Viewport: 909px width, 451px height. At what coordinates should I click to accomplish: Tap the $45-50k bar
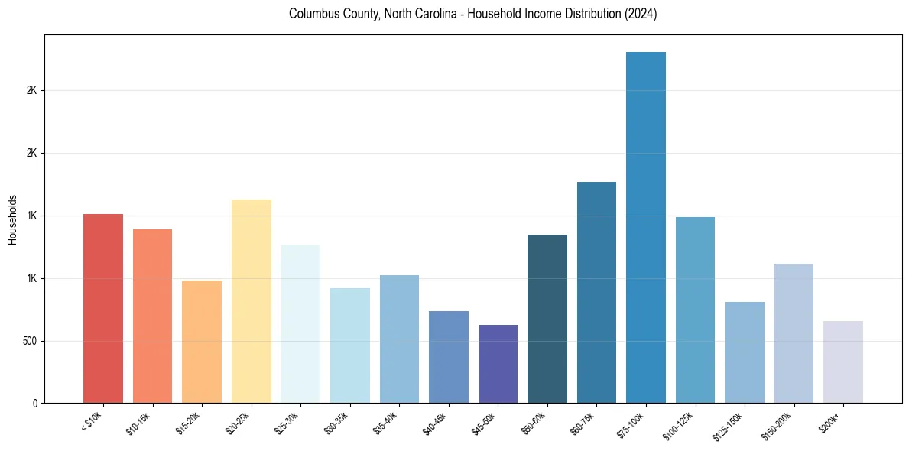tap(498, 364)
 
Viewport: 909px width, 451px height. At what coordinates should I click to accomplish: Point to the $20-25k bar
tap(252, 301)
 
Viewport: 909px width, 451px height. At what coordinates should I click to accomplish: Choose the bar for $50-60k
tap(547, 319)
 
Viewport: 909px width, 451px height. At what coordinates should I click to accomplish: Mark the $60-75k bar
tap(596, 292)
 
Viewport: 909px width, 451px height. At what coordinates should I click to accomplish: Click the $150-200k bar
tap(794, 333)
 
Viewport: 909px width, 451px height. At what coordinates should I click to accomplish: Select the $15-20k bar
tap(202, 342)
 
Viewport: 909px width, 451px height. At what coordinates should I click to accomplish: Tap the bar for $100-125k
tap(695, 310)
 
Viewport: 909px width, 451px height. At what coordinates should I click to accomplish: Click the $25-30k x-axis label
tap(287, 423)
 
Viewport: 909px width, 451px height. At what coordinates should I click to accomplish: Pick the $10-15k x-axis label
tap(139, 423)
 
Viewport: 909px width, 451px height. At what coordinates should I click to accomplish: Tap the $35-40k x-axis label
tap(386, 423)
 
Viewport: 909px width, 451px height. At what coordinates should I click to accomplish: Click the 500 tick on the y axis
tap(30, 341)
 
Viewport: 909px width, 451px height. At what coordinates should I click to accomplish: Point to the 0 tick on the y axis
tap(35, 404)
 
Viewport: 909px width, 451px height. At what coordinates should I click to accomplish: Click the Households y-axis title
tap(13, 219)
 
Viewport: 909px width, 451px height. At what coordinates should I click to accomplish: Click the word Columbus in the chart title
tap(313, 15)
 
